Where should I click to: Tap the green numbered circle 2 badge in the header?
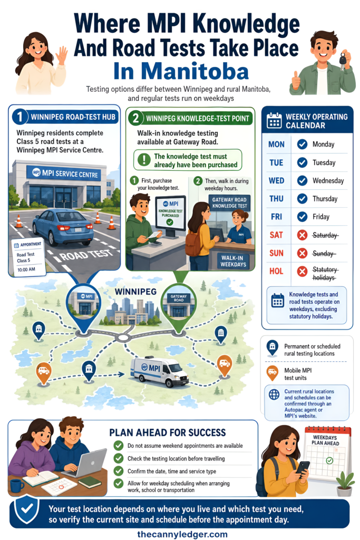pos(136,119)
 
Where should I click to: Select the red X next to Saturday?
pos(302,235)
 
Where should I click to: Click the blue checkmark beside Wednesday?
pos(302,180)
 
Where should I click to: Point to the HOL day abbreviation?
pos(276,272)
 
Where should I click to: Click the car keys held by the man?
pos(343,60)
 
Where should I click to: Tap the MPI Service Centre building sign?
pos(64,173)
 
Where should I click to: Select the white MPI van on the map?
pos(159,371)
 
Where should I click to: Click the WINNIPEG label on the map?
pos(135,292)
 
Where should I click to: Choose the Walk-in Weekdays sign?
pos(233,261)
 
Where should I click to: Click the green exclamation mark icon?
pos(144,160)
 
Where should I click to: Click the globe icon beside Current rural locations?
pos(274,394)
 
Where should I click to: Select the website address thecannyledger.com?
pos(182,534)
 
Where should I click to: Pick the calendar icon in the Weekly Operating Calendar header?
pos(274,121)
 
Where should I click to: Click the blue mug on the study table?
pos(16,486)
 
